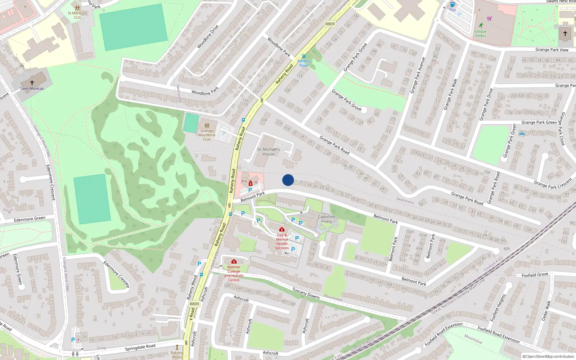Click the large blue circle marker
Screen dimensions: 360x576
pyautogui.click(x=288, y=180)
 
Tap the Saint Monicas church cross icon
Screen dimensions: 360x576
pyautogui.click(x=32, y=83)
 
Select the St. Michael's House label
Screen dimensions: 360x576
pyautogui.click(x=269, y=152)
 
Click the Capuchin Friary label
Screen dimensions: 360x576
pyautogui.click(x=327, y=219)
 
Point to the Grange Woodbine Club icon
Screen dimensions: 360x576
pyautogui.click(x=207, y=125)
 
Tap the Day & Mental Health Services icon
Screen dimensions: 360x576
pyautogui.click(x=282, y=229)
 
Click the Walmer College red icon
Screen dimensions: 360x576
pyautogui.click(x=234, y=261)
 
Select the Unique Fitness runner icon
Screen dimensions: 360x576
pyautogui.click(x=481, y=25)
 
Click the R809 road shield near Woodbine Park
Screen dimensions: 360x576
pyautogui.click(x=330, y=24)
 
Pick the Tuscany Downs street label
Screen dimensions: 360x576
pyautogui.click(x=306, y=293)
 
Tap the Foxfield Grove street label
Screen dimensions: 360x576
pyautogui.click(x=535, y=275)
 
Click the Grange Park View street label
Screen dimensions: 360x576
pyautogui.click(x=552, y=50)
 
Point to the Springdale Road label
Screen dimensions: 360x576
pyautogui.click(x=140, y=347)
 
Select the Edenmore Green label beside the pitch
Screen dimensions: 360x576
pyautogui.click(x=30, y=219)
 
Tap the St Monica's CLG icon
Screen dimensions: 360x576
pyautogui.click(x=77, y=8)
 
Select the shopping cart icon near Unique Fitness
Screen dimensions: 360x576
pyautogui.click(x=489, y=18)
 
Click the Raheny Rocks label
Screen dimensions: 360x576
pyautogui.click(x=177, y=355)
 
